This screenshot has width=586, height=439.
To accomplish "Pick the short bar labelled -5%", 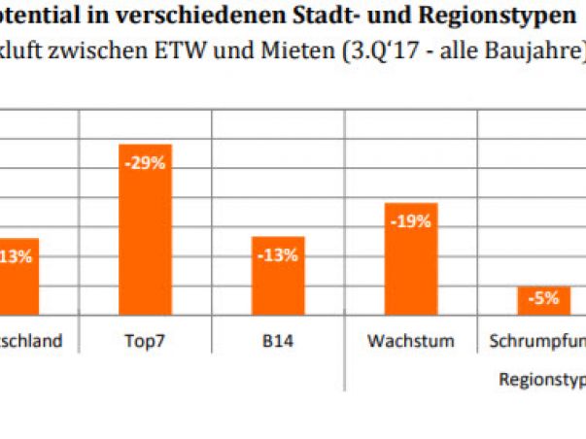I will [x=543, y=301].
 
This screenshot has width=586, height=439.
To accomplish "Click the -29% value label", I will [x=145, y=164].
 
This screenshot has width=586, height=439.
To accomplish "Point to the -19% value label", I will [x=411, y=221].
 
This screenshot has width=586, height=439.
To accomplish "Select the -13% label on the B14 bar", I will [x=278, y=255].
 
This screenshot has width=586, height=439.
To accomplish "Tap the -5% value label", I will [x=543, y=299].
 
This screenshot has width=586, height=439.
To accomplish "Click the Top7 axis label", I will [x=145, y=342].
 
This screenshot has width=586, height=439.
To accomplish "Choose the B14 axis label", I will [x=278, y=342].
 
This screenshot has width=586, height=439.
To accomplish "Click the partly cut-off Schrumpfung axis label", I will [x=536, y=342].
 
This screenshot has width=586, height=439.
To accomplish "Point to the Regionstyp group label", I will [x=540, y=379].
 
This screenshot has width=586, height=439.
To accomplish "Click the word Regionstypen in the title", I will [x=513, y=17].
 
